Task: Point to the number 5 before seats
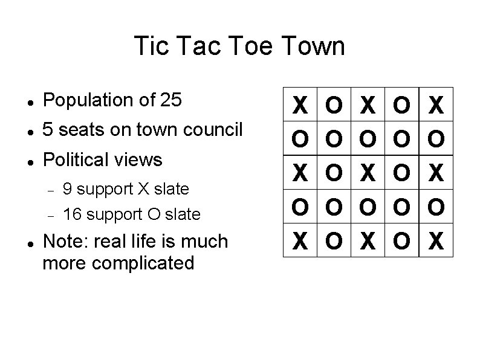49,130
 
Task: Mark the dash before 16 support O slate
52,214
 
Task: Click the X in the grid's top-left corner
299,107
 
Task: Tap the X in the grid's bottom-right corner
435,241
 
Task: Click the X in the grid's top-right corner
435,107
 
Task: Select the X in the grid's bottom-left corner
299,241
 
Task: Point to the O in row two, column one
299,141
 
